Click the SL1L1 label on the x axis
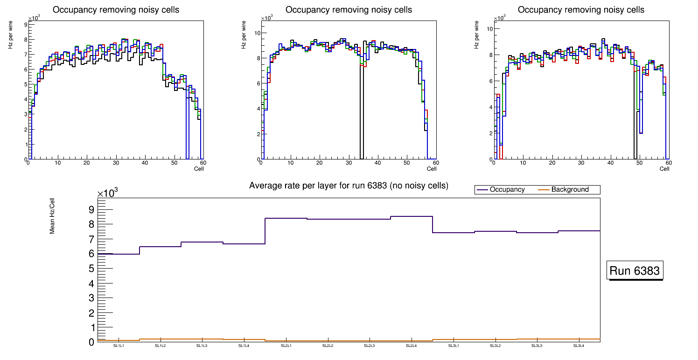pos(119,346)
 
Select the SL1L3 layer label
pos(202,346)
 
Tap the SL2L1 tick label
pos(286,346)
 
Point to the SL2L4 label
pos(412,346)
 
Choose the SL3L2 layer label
pos(496,346)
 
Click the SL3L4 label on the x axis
pos(579,346)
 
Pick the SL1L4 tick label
pos(244,346)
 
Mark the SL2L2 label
pos(328,346)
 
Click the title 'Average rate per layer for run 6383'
pos(349,186)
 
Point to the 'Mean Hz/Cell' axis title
pos(52,216)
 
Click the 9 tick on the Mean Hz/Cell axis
pos(91,209)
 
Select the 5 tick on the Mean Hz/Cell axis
pos(91,269)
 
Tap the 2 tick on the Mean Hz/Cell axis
pos(91,312)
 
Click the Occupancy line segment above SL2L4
pos(412,216)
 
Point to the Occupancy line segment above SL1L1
pos(119,254)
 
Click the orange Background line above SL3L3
pos(537,339)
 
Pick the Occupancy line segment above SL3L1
pos(454,233)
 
